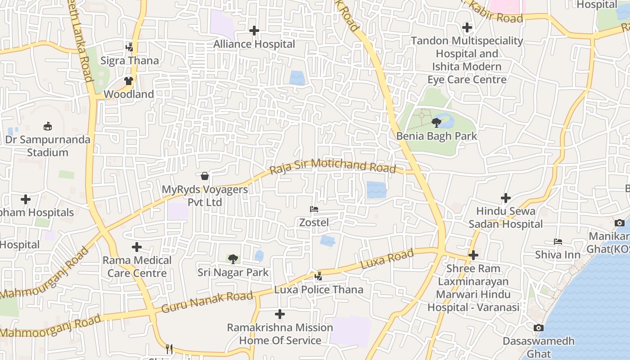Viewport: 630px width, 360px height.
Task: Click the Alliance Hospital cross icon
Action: (254, 31)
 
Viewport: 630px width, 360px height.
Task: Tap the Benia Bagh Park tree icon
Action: (436, 122)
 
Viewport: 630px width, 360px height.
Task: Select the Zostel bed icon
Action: (314, 209)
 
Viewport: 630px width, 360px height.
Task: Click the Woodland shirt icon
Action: (129, 81)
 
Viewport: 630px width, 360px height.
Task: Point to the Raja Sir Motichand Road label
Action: (333, 166)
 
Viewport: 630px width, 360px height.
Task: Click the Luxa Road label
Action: (388, 260)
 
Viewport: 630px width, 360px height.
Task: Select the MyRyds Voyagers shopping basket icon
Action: (205, 176)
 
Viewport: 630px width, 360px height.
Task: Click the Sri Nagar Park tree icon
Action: (233, 259)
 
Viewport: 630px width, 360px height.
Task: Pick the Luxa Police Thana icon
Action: (319, 276)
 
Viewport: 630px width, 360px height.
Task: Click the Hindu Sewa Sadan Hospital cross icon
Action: (506, 198)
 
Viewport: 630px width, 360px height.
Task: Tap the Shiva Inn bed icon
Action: (558, 242)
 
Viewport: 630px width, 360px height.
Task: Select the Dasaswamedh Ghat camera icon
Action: (538, 328)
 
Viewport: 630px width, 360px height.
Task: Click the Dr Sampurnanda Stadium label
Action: (48, 146)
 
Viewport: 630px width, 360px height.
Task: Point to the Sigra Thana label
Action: (130, 60)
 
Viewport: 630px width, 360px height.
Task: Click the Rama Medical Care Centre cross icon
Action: (137, 247)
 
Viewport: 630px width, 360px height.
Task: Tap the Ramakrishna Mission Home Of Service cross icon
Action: (280, 314)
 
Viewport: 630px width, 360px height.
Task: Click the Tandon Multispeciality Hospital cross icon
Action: (467, 27)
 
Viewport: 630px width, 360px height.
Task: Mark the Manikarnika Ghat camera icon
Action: (620, 223)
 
